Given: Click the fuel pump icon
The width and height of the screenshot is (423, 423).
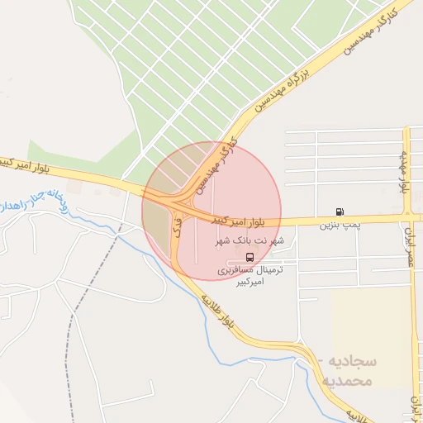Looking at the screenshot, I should click(x=340, y=212).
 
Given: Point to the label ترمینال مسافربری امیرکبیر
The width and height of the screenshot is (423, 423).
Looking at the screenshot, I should click(x=250, y=276).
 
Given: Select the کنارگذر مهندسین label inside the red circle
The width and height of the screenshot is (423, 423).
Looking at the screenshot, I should click(x=216, y=162).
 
